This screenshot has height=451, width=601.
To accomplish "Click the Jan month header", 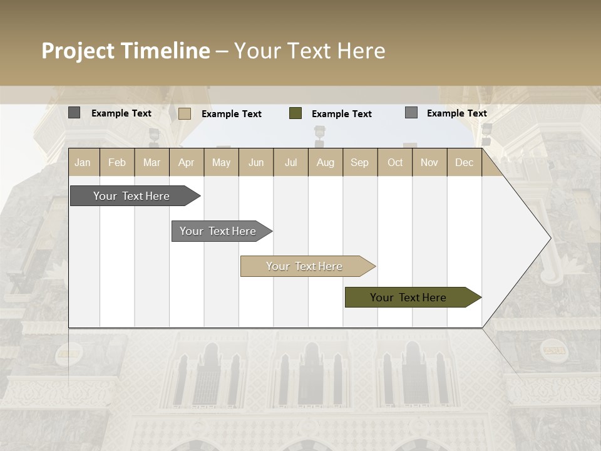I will point(83,163).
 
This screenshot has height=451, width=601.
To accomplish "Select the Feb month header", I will point(117,163).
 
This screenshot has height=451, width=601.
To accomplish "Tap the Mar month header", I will point(152,163).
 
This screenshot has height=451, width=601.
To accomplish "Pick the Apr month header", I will point(187,163).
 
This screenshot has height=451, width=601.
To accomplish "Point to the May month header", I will point(221,163).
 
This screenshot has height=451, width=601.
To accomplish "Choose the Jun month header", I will point(256,163).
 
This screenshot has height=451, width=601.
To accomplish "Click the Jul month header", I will point(290,163).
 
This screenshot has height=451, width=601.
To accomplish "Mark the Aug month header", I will point(326,163).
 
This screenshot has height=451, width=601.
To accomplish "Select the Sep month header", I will point(360,163).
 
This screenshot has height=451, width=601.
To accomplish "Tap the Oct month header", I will point(395,163).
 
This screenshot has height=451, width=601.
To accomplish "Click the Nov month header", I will point(429,163).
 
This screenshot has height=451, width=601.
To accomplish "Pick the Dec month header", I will point(465,163).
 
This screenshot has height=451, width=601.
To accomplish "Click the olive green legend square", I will point(295,113).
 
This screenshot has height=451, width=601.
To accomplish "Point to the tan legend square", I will point(185,113).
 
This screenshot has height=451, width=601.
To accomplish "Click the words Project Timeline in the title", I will point(126,51).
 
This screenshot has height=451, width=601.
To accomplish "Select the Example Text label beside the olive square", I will point(342,114).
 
